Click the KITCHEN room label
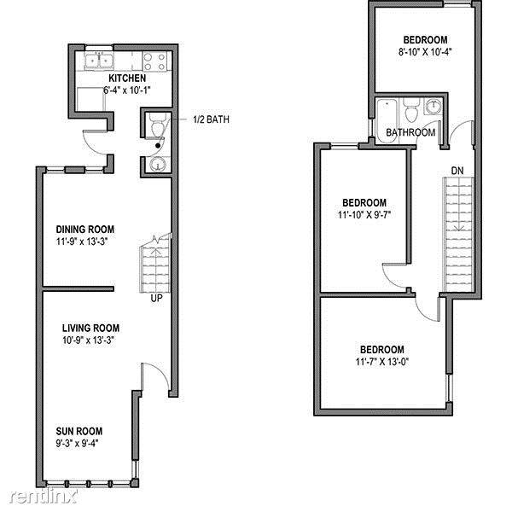127,79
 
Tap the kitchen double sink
99,61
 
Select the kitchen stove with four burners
154,61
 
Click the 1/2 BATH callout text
212,119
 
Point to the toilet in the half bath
158,125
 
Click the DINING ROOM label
84,230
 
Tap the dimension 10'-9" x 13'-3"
89,340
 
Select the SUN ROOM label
79,431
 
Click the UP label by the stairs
156,298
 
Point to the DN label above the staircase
457,171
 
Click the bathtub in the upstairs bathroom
387,120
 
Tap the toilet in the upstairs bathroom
411,110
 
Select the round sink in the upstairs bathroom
433,106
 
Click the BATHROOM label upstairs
410,132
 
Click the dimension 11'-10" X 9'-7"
364,215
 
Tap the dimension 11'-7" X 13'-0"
382,362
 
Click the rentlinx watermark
44,497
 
